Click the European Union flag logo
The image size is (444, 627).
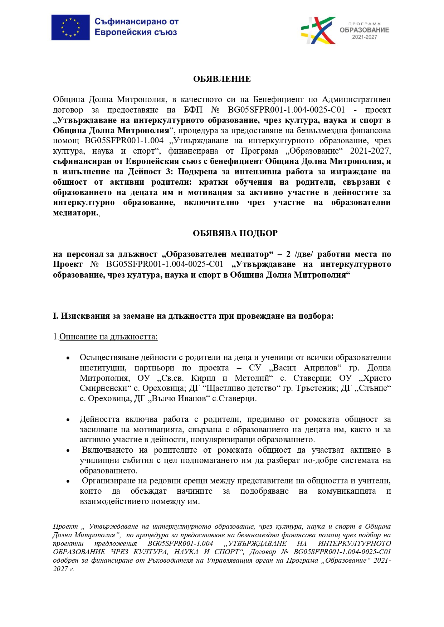70,28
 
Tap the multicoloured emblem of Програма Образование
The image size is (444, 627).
318,30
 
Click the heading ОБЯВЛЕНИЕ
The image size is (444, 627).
222,79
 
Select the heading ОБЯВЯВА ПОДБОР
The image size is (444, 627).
235,233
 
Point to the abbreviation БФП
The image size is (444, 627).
193,110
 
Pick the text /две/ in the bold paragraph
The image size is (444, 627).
304,254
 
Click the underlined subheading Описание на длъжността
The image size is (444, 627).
108,337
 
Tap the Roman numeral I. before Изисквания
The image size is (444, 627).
55,316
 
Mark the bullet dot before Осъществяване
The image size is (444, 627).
68,358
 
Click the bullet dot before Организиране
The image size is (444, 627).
68,481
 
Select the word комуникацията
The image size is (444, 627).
346,491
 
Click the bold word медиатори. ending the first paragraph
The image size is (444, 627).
75,213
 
